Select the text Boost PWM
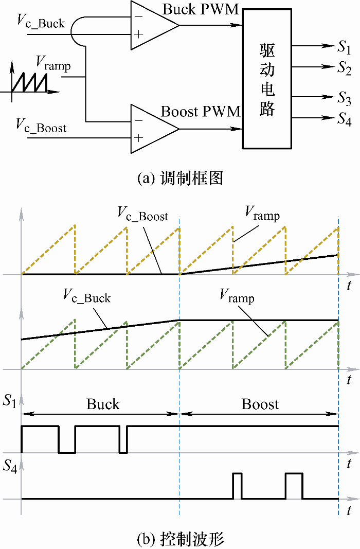coord(201,111)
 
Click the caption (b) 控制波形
coord(180,539)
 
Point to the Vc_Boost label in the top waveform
coord(142,215)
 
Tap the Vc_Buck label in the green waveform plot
coord(87,296)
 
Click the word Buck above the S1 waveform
coord(103,404)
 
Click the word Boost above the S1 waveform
coord(260,404)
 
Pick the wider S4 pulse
coord(295,486)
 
